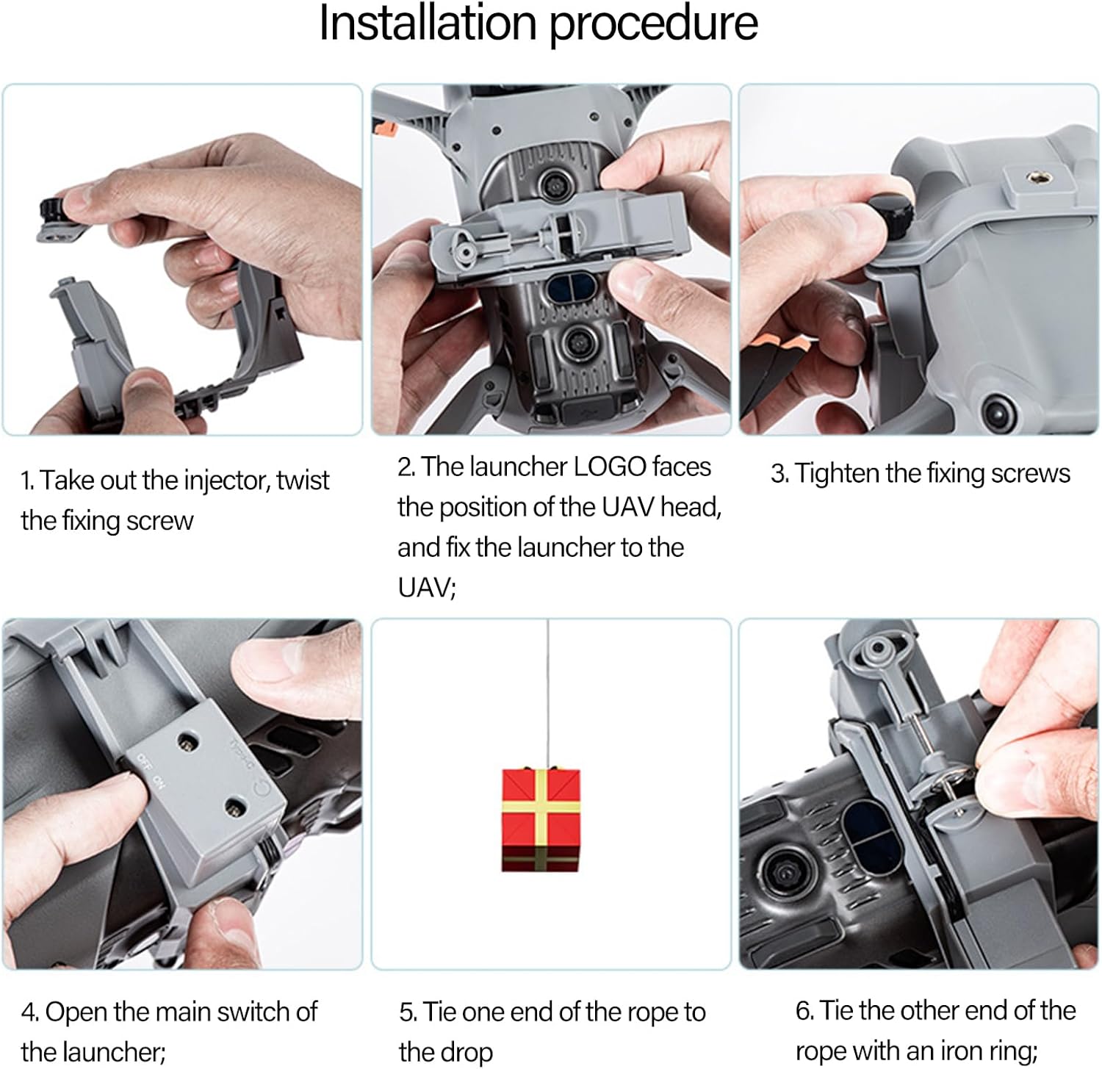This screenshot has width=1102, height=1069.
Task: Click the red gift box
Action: [x=541, y=820]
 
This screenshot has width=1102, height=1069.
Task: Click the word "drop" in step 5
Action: [x=467, y=1053]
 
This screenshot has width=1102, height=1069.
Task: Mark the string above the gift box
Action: [x=547, y=694]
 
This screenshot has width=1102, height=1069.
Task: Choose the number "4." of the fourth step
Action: [x=29, y=1012]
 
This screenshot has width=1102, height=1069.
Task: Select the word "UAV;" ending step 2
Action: [x=427, y=588]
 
